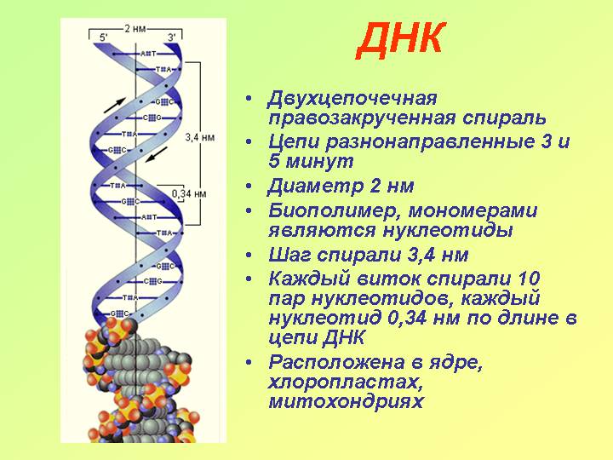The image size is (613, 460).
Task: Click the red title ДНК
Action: click(401, 40)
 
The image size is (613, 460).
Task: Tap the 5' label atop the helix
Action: click(104, 37)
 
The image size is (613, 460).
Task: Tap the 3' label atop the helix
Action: click(172, 37)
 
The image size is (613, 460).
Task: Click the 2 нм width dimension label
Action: click(135, 29)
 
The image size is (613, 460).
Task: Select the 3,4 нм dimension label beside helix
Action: click(200, 137)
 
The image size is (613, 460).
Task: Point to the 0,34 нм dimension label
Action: click(189, 193)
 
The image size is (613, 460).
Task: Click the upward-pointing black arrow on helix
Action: click(115, 106)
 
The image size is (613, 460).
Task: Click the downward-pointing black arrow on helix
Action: click(157, 154)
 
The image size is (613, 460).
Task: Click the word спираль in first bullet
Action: click(504, 118)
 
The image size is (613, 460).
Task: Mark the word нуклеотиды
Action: click(447, 230)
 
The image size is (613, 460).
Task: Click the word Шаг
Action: click(289, 256)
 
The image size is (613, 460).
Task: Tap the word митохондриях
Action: click(346, 401)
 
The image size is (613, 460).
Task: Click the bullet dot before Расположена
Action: click(249, 363)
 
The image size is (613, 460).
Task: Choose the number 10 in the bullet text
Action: click(529, 279)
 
